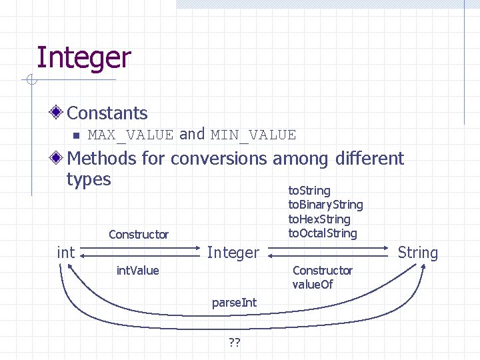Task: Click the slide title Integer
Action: [83, 58]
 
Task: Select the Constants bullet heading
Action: [107, 113]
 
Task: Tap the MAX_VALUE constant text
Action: [130, 135]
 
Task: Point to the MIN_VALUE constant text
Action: [253, 135]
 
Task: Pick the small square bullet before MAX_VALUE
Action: [75, 135]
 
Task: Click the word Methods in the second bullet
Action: [101, 159]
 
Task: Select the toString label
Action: [309, 191]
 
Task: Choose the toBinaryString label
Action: [325, 205]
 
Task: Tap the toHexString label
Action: [319, 219]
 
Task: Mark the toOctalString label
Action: [322, 233]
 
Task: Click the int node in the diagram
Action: [66, 253]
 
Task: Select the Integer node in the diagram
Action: [233, 253]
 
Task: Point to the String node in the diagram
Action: [418, 253]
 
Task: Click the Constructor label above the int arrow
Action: [139, 235]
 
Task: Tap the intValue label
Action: [137, 271]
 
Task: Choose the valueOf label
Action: [313, 285]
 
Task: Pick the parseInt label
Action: [234, 303]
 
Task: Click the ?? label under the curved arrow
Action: [234, 343]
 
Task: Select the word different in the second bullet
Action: [369, 159]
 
